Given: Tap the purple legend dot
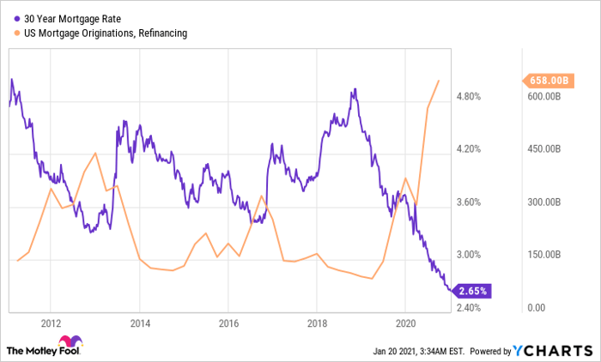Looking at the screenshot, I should tap(17, 18).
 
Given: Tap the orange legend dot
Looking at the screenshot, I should tap(17, 33).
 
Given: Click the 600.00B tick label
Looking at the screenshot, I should tap(543, 97).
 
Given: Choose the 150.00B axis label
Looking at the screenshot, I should tap(543, 256).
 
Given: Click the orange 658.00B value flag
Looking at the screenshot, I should tap(546, 81).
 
